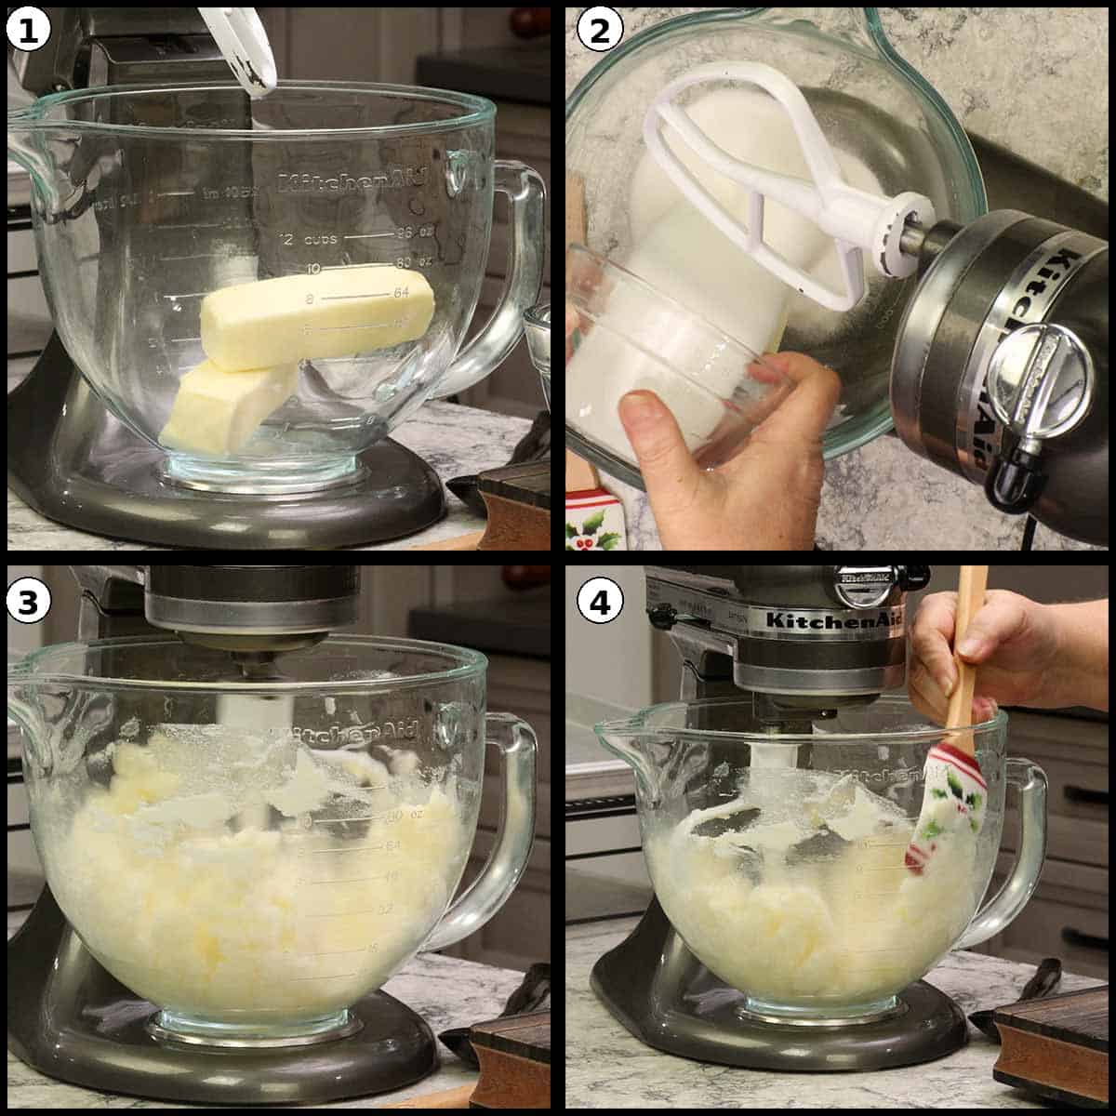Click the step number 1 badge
[x=29, y=30]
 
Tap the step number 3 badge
[x=29, y=602]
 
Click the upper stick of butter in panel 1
[x=316, y=316]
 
